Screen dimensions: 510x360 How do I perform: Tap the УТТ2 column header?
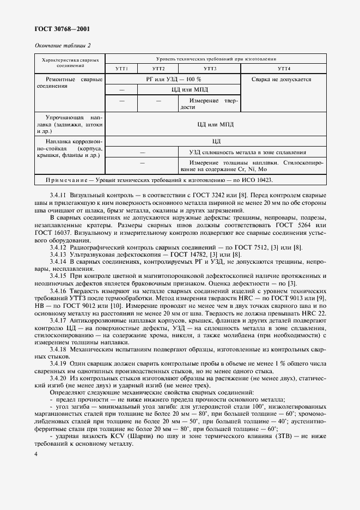(x=158, y=69)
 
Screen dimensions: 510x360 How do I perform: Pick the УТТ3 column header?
(x=210, y=69)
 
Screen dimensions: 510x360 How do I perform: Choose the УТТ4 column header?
(x=284, y=69)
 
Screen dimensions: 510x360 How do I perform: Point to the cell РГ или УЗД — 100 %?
(x=173, y=79)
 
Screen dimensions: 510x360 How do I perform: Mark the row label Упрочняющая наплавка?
(x=69, y=124)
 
